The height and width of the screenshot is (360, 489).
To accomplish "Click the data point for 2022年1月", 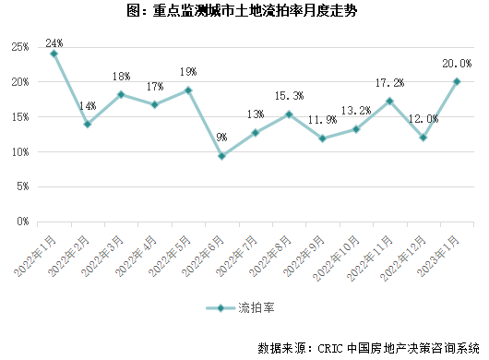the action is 54,54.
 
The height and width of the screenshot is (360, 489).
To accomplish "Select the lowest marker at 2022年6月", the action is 221,156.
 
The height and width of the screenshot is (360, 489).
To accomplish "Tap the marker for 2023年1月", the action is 457,82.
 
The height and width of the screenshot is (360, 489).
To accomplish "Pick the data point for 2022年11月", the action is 389,101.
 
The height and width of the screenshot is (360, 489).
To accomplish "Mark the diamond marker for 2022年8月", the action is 289,114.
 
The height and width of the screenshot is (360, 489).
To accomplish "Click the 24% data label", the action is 54,43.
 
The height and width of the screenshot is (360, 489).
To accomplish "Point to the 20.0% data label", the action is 457,64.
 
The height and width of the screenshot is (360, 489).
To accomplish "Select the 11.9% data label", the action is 323,120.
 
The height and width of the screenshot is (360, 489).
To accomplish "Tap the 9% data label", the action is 221,137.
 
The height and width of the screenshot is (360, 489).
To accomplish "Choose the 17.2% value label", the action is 389,83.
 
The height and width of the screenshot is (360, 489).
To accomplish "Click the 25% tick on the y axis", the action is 20,47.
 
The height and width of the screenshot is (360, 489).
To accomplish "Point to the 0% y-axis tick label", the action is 23,222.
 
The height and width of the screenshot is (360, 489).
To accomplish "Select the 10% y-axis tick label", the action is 20,152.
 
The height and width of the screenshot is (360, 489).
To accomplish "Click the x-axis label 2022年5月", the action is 170,257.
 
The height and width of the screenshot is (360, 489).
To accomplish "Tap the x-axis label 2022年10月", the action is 336,258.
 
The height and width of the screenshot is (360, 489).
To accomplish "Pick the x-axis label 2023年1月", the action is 438,257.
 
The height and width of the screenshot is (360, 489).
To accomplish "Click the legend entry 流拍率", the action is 240,308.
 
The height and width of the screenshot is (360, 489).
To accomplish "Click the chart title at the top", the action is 242,11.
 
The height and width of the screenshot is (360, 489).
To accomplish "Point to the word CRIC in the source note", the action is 330,348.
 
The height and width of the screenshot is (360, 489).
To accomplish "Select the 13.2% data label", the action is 356,111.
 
